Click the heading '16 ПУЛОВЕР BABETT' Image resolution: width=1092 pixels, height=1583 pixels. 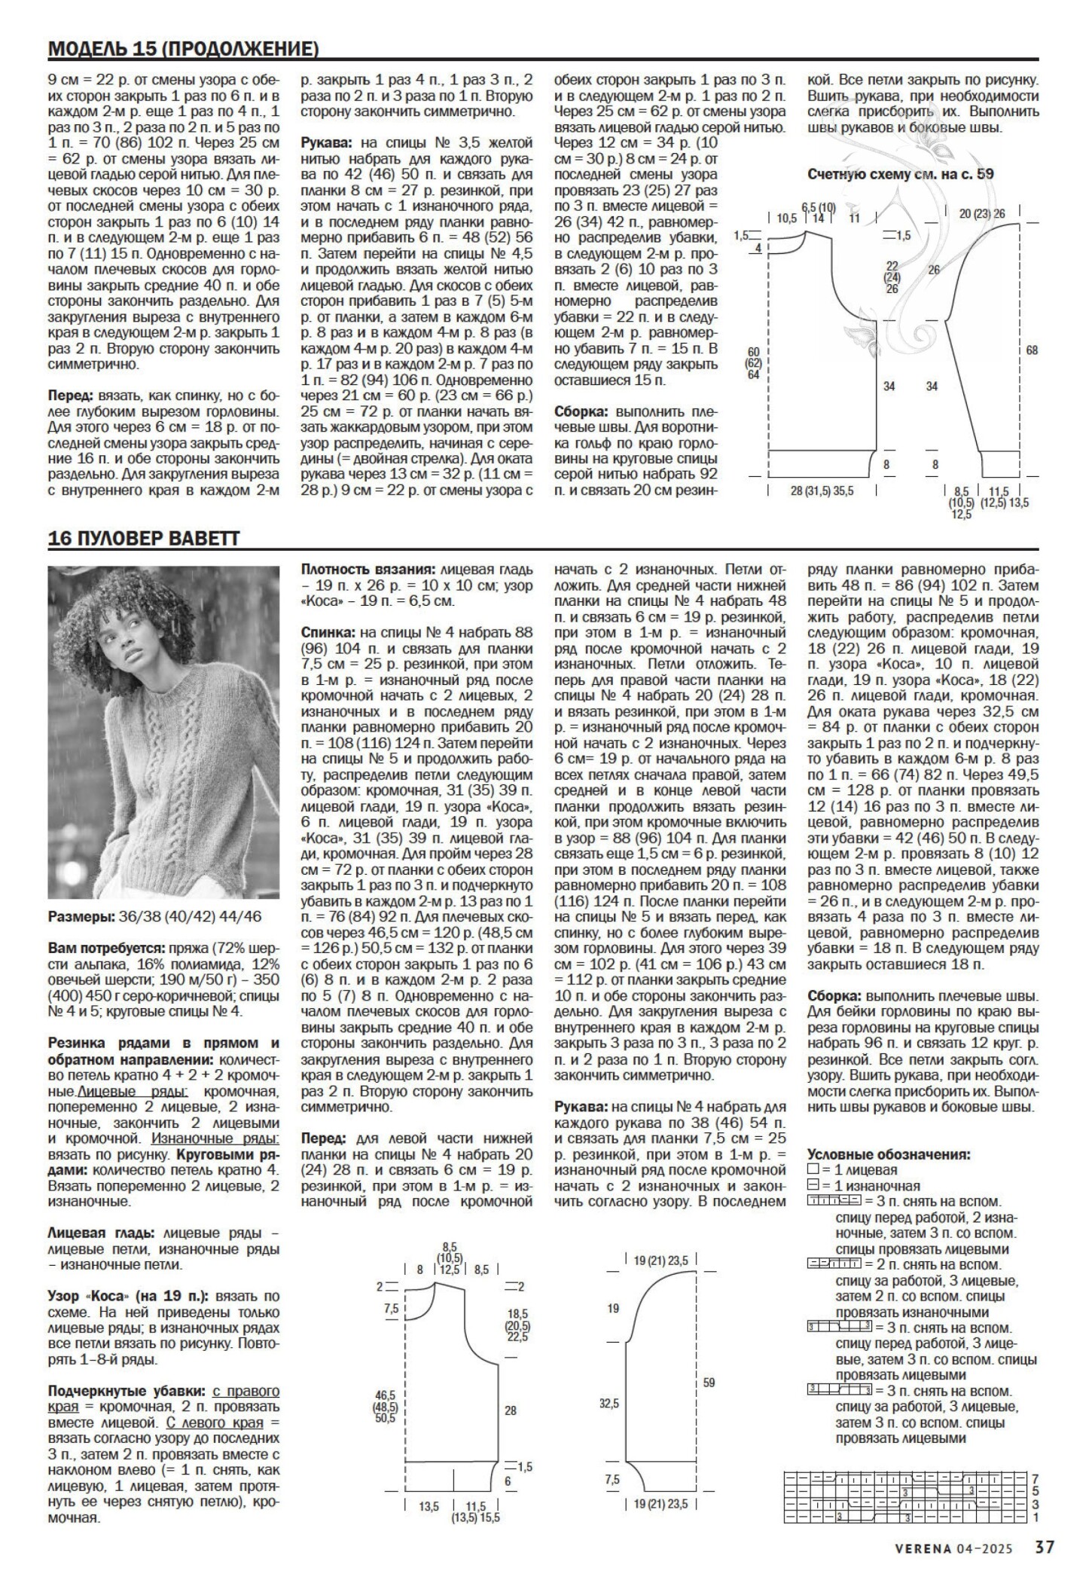pos(143,539)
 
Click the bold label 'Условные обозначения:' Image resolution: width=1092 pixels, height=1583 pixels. pos(888,1154)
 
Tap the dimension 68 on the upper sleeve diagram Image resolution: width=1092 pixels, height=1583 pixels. pos(1031,350)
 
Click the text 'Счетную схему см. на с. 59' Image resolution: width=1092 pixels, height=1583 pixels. pos(900,174)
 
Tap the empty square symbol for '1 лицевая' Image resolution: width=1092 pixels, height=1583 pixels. pos(812,1169)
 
